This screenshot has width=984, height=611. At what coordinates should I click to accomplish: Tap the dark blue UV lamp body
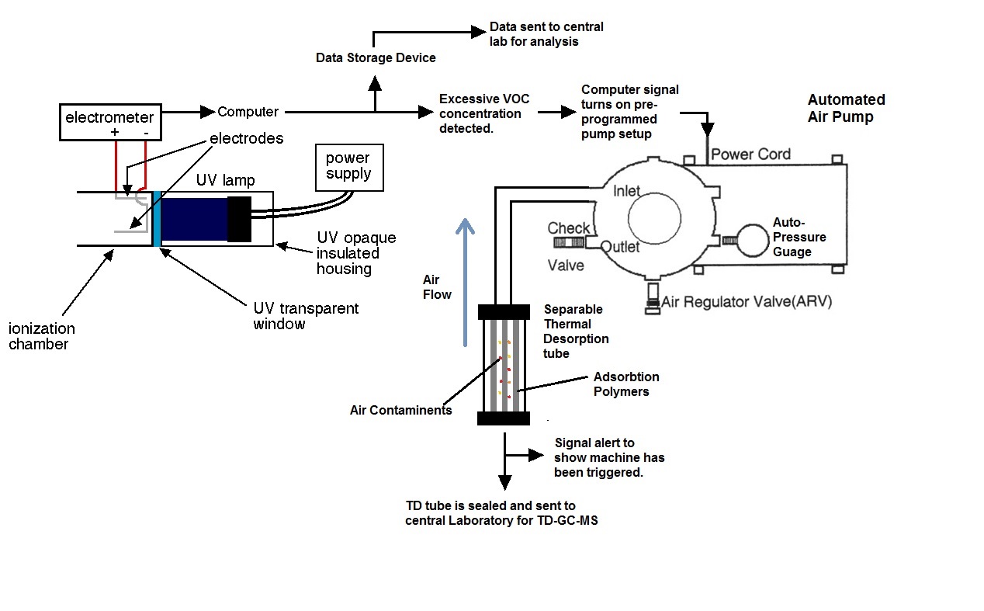pyautogui.click(x=194, y=219)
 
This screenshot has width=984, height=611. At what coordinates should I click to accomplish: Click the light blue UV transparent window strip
pyautogui.click(x=157, y=219)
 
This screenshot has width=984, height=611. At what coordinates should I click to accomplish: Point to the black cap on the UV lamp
pyautogui.click(x=240, y=219)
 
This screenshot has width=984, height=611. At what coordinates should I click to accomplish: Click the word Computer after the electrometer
pyautogui.click(x=248, y=112)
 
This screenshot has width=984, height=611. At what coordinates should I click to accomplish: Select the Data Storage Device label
pyautogui.click(x=376, y=57)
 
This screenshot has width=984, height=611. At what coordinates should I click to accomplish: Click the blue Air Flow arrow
pyautogui.click(x=465, y=282)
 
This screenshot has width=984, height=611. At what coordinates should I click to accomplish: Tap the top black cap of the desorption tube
pyautogui.click(x=504, y=311)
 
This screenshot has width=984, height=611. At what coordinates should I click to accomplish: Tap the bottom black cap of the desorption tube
pyautogui.click(x=504, y=418)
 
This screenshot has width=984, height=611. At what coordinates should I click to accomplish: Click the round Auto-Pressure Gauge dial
pyautogui.click(x=753, y=241)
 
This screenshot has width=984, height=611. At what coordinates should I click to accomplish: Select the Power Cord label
pyautogui.click(x=750, y=154)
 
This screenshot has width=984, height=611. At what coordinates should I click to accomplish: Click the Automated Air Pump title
pyautogui.click(x=846, y=108)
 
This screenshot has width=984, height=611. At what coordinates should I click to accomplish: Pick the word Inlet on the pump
pyautogui.click(x=626, y=191)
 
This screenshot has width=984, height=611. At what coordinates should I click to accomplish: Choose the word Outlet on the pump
pyautogui.click(x=620, y=247)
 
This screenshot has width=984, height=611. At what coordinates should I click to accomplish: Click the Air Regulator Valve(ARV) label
pyautogui.click(x=747, y=301)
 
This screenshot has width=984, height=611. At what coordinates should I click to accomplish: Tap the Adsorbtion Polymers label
pyautogui.click(x=626, y=384)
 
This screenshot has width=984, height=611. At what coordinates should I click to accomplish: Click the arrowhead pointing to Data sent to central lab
pyautogui.click(x=478, y=32)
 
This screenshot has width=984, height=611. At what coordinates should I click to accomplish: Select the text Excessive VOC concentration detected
pyautogui.click(x=484, y=113)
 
